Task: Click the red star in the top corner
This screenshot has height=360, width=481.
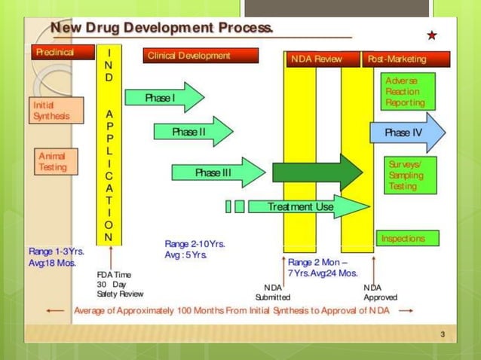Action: [431, 35]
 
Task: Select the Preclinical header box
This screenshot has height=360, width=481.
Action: [63, 53]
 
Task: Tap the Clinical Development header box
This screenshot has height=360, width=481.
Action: [200, 56]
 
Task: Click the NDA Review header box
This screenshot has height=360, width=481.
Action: [316, 59]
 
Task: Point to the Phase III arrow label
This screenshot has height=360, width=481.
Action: [213, 173]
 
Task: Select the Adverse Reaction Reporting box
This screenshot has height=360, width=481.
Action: [408, 91]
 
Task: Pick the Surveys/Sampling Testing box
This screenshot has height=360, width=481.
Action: [411, 175]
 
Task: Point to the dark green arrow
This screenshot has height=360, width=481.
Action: [317, 172]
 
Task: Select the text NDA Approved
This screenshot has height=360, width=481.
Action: [381, 292]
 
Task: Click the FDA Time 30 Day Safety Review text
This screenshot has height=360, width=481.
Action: [119, 284]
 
